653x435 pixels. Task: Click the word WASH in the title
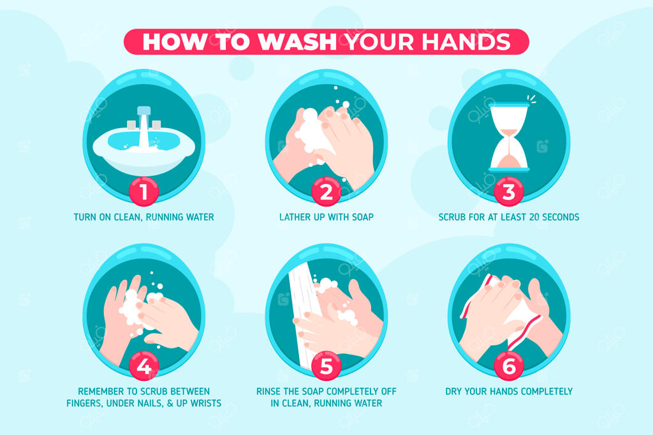(297, 41)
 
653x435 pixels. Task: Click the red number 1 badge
(143, 192)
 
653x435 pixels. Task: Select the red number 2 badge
(326, 192)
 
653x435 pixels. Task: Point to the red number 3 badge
(508, 192)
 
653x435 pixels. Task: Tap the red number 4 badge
(143, 366)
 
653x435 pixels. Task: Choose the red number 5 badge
(326, 366)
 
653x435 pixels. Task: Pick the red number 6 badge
(508, 366)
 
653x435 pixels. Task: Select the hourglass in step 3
(508, 137)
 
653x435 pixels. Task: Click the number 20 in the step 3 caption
(534, 217)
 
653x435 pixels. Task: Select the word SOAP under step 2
(362, 217)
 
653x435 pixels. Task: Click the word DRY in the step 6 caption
(453, 391)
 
